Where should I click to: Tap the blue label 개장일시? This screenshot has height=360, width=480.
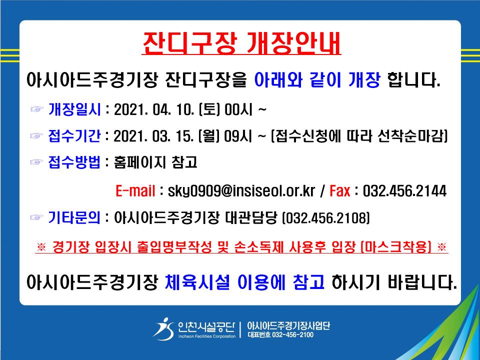coord(74,109)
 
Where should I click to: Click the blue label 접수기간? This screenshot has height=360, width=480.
coord(74,136)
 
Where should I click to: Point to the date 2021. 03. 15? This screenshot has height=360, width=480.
coord(153,136)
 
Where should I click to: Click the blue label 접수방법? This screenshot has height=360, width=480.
coord(74,162)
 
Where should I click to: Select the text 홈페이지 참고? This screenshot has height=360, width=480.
coord(155,162)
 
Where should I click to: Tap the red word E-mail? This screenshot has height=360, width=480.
coord(135,190)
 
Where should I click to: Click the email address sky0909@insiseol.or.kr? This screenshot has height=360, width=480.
coord(241,191)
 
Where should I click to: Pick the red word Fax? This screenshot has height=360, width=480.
coord(340,190)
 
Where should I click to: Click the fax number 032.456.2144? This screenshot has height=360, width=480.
coord(404,190)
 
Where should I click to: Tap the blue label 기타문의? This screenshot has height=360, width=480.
coord(74,217)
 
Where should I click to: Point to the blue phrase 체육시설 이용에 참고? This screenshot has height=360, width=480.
coord(244,282)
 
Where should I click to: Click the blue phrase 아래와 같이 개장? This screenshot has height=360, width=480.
coord(317,79)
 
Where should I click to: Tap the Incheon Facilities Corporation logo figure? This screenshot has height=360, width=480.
coord(164,329)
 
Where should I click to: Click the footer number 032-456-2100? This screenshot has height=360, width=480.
coord(292,334)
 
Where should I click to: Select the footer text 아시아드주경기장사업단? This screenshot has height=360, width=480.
coord(288,325)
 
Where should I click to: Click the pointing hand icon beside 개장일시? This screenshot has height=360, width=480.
coord(37,109)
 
